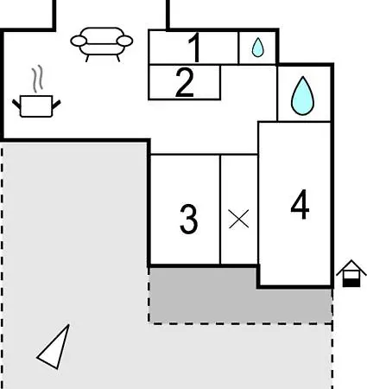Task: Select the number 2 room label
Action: [x=185, y=82]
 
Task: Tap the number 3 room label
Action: [x=189, y=219]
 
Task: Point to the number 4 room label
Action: [x=300, y=205]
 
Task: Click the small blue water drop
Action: [x=257, y=48]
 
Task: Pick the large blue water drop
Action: [x=302, y=96]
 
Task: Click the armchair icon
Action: [x=102, y=44]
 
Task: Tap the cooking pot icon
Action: [x=36, y=106]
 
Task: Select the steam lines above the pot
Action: [x=38, y=79]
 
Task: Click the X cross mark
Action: [x=238, y=219]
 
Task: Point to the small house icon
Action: [x=351, y=273]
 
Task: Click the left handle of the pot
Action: [x=16, y=104]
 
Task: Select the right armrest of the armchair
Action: [x=125, y=41]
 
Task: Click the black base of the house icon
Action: [x=351, y=283]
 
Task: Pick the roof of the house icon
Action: [x=351, y=266]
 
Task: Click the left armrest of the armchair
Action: [x=79, y=41]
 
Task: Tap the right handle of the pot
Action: [x=56, y=105]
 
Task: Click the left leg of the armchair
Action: [x=87, y=58]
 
